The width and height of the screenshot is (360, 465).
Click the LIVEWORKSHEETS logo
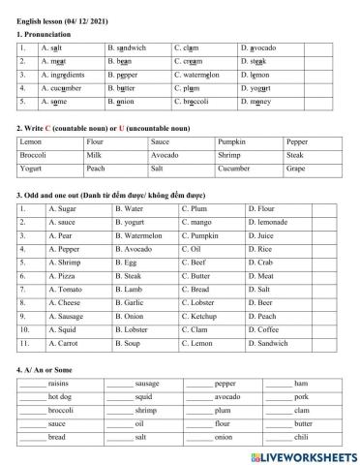[x=301, y=455]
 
